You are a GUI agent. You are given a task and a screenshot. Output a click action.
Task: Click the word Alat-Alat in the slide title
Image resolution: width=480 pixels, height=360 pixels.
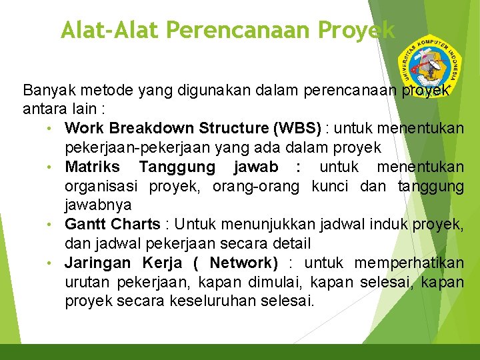coord(110,30)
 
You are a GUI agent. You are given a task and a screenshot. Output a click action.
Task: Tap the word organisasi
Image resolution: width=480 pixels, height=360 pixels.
coord(101,186)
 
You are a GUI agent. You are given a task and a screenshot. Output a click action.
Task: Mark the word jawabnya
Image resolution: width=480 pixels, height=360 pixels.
coord(98,205)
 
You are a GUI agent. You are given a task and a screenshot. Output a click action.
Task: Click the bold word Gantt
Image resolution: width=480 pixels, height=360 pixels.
coord(85,224)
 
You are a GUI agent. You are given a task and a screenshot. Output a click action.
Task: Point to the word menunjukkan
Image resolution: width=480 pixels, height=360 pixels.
coord(267,224)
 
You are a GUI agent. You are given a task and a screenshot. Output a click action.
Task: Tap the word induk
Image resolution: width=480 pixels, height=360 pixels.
coord(378,224)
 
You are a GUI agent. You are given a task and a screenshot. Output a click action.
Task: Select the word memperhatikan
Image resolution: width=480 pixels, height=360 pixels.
coord(409,263)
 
